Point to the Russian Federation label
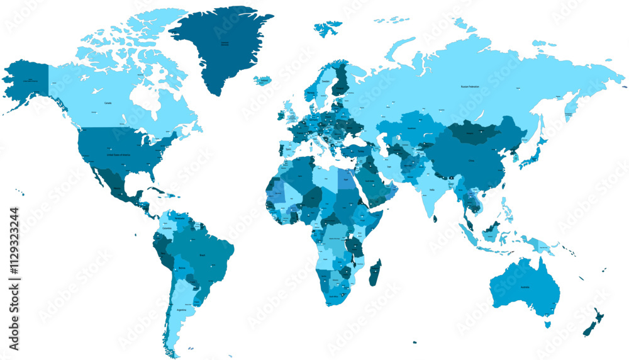[x=469, y=86]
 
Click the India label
[x=431, y=189]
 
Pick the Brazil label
[x=203, y=256]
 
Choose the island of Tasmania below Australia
[x=547, y=324]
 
